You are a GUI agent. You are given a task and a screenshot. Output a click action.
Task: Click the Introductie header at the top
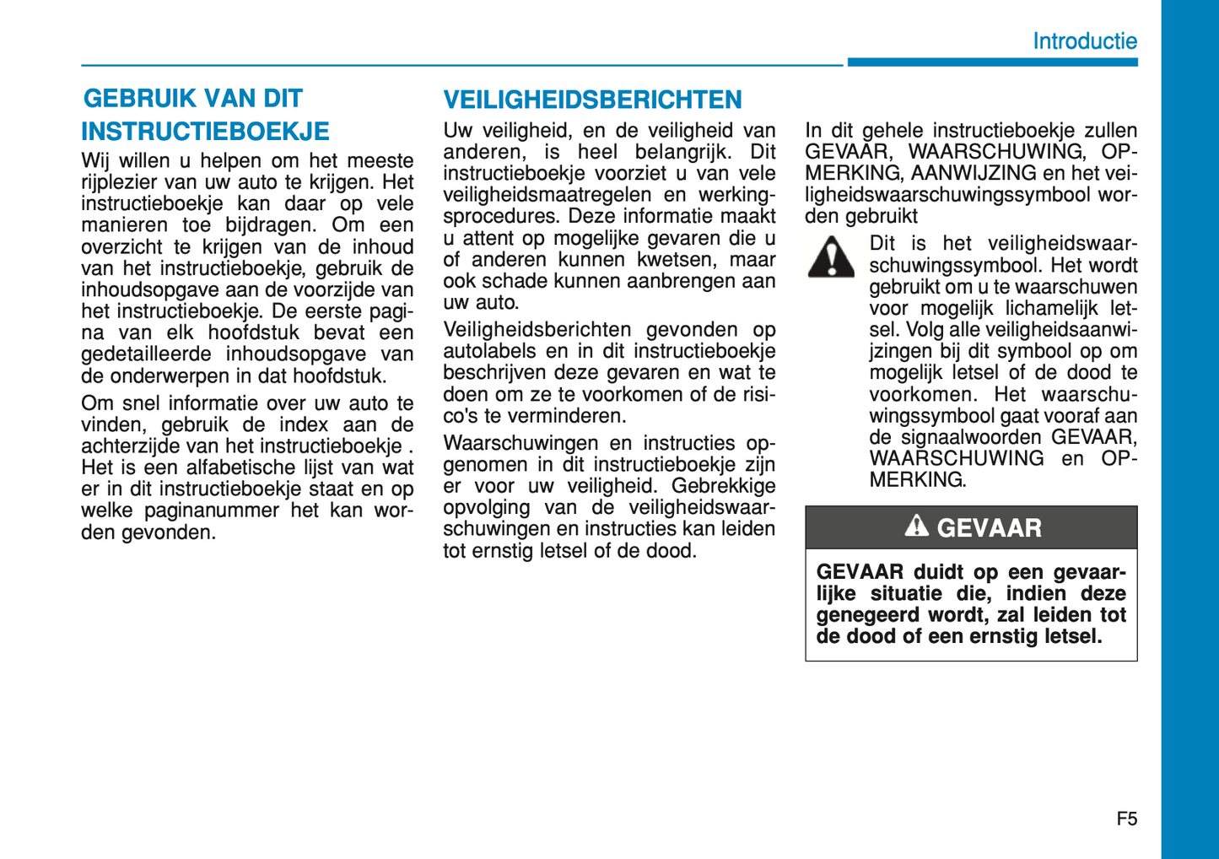pos(1084,41)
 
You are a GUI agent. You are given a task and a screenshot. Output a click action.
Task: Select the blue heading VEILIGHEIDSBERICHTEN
pos(592,100)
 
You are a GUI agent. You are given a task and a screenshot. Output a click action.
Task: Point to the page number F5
pos(1126,818)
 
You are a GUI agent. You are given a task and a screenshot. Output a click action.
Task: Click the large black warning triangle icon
pos(831,257)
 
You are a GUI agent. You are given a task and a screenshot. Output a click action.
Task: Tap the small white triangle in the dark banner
pos(916,527)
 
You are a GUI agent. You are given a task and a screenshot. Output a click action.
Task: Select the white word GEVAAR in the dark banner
pos(989,528)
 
